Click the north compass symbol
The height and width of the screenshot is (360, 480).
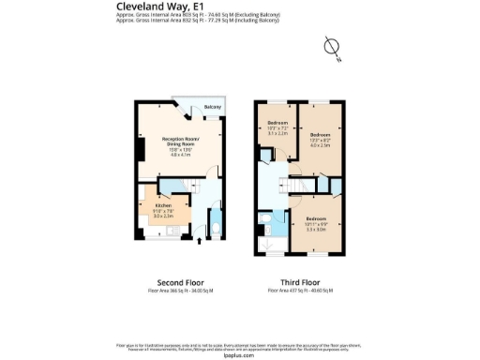coord(329,46)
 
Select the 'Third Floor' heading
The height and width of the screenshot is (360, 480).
coord(300,282)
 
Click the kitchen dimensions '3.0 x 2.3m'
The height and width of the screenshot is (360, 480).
coord(152,215)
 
